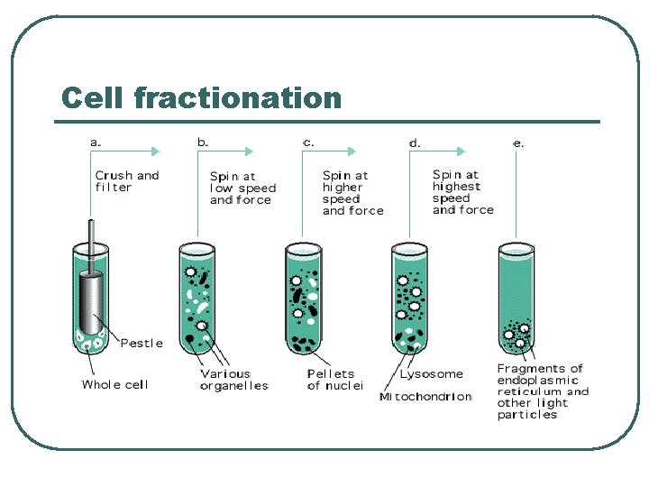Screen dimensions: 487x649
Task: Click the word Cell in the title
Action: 92,97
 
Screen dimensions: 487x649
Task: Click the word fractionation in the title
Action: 237,97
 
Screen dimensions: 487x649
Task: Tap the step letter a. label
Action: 96,142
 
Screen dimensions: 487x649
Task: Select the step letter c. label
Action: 308,142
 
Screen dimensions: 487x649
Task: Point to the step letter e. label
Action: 517,142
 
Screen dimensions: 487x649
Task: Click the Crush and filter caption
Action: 127,181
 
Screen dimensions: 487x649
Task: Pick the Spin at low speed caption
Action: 242,188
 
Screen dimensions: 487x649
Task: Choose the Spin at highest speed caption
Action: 462,192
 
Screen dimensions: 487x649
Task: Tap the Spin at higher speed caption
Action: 352,193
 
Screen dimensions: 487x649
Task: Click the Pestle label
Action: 142,343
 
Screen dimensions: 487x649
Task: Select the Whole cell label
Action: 114,384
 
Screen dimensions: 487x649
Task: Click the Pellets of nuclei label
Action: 334,380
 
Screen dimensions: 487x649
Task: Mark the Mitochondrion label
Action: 425,397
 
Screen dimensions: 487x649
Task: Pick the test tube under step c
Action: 304,298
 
